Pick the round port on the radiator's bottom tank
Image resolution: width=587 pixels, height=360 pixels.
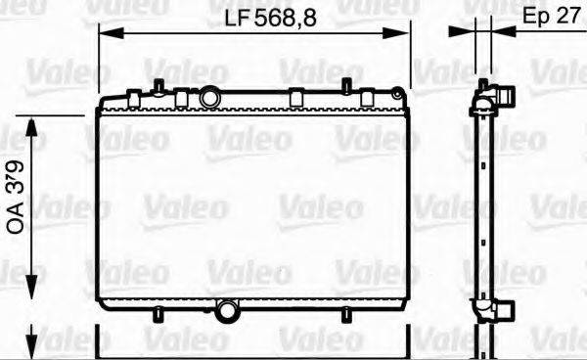point(227,311)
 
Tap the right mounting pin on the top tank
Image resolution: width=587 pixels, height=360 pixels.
point(345,85)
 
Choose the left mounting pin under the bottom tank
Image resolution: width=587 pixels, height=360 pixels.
point(158,312)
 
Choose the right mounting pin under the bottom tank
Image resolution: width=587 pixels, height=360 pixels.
point(344,312)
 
